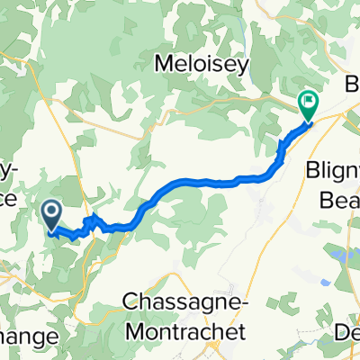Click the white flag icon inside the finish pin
[308, 103]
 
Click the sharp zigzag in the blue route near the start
[91, 220]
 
